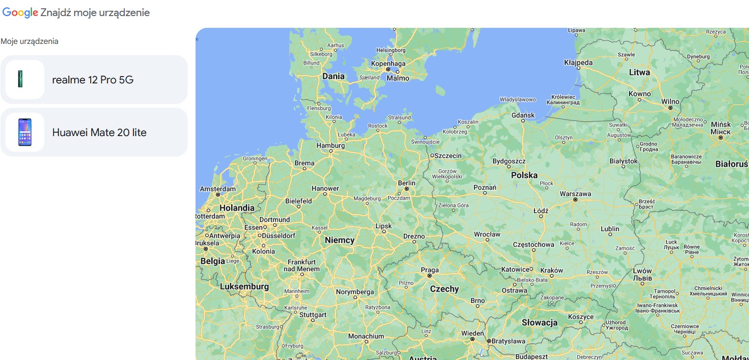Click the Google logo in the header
point(20,13)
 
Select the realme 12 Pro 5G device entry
point(94,80)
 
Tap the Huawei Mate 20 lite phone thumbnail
point(25,132)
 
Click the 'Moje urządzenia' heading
point(29,41)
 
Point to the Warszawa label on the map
point(575,194)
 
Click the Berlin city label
point(407,183)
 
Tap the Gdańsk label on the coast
point(523,115)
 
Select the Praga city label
point(430,270)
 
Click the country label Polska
point(524,175)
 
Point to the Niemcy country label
point(339,240)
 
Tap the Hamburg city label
point(331,145)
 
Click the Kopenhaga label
point(388,64)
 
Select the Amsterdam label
point(217,189)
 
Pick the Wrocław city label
point(487,234)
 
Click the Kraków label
point(552,270)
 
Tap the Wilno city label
point(670,101)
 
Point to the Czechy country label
point(444,289)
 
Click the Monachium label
point(366,336)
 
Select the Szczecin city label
point(448,156)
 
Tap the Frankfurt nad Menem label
point(302,265)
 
